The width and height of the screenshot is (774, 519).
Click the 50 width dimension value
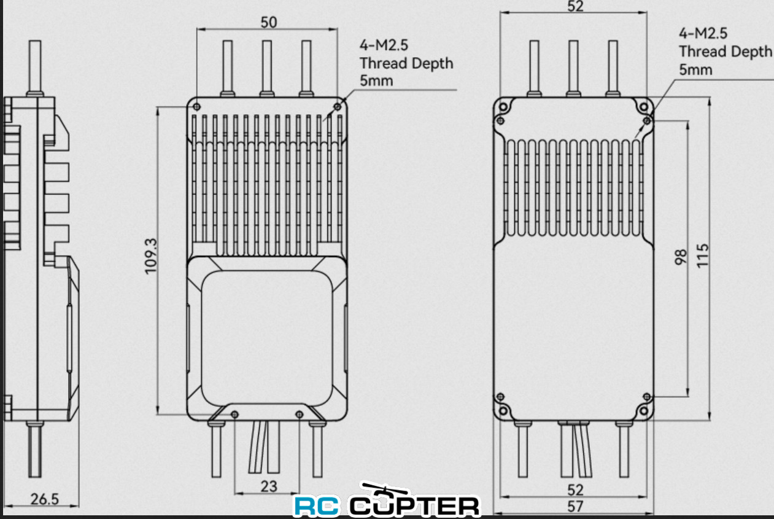coord(269,22)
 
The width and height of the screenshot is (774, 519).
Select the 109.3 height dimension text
coord(151,257)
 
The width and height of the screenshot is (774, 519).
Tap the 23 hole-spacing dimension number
coord(269,486)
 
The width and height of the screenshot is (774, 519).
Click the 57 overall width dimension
coord(575,507)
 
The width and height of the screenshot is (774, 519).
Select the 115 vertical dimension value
coord(703,255)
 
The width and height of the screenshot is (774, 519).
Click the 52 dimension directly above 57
coord(575,490)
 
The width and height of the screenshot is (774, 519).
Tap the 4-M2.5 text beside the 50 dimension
coord(384,45)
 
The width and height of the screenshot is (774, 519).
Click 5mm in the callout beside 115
coord(695,69)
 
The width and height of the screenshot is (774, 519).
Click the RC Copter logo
coord(387,505)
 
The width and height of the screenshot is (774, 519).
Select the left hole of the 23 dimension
coord(234,415)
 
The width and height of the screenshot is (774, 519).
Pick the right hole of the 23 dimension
coord(299,415)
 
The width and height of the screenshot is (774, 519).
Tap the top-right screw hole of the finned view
coord(337,107)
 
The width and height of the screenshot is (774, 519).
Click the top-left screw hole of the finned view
coord(196,107)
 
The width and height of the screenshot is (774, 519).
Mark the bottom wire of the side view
coord(35,450)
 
